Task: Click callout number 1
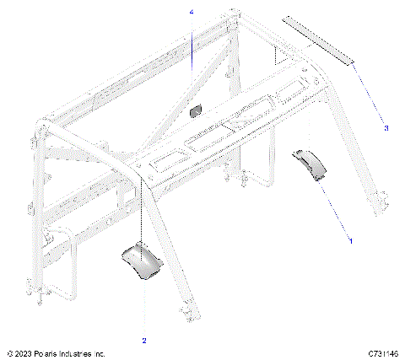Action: point(351,240)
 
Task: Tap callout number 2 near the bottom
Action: point(143,341)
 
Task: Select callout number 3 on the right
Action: point(386,128)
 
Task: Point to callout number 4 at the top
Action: point(192,13)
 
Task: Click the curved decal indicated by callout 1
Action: point(310,165)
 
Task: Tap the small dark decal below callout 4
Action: point(196,110)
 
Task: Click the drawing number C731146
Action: point(381,353)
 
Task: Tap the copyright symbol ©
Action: point(8,353)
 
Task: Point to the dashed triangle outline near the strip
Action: point(276,57)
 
